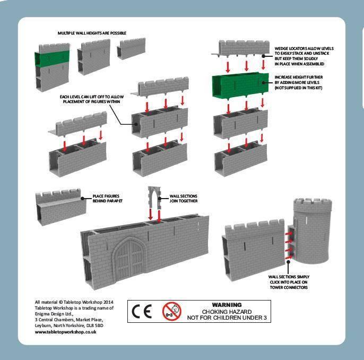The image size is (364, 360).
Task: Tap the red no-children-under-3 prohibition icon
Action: tap(171, 311)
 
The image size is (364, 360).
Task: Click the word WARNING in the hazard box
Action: tap(226, 305)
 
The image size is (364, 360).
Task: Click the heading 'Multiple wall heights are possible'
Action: tap(92, 33)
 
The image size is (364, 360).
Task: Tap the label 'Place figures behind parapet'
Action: tap(105, 199)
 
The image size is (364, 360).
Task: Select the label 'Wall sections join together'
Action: tap(183, 199)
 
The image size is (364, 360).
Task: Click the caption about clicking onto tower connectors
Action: tap(289, 282)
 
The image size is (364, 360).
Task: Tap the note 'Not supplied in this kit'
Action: tap(298, 87)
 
